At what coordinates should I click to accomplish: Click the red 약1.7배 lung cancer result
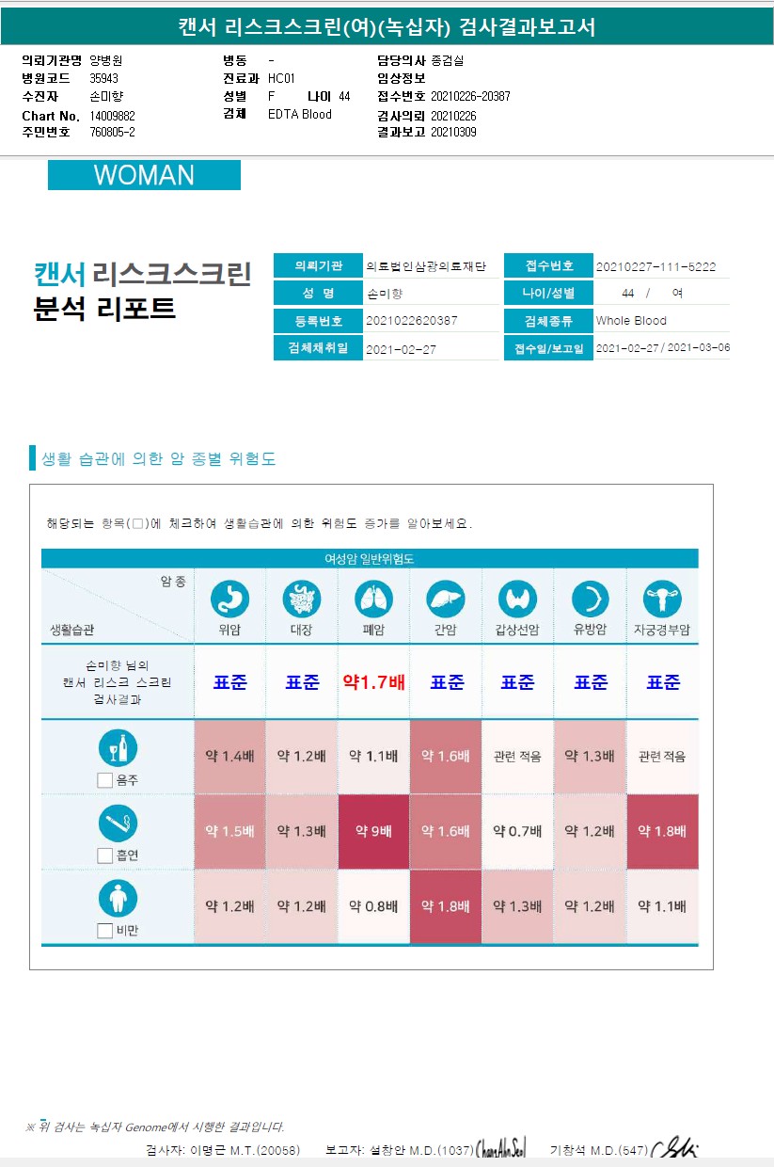[x=373, y=682]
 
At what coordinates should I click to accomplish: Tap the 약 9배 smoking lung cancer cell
[x=373, y=831]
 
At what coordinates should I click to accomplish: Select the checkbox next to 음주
[x=105, y=779]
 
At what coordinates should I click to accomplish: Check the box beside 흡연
[x=105, y=855]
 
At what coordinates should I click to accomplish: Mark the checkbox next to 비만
[x=105, y=931]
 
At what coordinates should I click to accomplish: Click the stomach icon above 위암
[x=229, y=599]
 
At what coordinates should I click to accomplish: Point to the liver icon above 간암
[x=446, y=599]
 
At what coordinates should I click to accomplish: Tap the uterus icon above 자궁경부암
[x=662, y=599]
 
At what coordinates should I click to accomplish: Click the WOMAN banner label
[x=144, y=175]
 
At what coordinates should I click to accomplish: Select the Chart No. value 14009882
[x=113, y=116]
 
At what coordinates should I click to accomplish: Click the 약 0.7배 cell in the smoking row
[x=517, y=831]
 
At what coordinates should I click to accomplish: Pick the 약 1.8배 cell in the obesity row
[x=446, y=906]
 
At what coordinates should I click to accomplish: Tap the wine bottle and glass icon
[x=118, y=749]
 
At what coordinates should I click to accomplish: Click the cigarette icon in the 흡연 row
[x=118, y=823]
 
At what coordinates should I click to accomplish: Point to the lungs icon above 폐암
[x=373, y=599]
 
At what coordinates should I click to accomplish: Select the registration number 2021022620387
[x=411, y=321]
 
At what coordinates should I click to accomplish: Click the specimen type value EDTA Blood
[x=300, y=115]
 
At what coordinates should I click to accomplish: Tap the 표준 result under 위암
[x=229, y=682]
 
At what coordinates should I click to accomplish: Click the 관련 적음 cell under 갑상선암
[x=517, y=756]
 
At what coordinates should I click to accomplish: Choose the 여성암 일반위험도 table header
[x=370, y=558]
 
